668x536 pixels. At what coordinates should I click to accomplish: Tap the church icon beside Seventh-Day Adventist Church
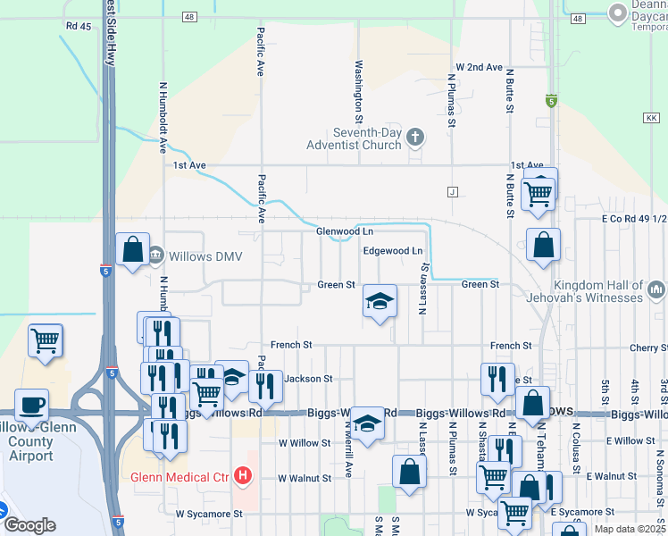click(414, 137)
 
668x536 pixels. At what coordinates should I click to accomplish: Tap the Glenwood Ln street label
click(344, 231)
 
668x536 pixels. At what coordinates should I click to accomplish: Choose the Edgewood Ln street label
click(392, 251)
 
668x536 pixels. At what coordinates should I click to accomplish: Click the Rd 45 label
click(79, 26)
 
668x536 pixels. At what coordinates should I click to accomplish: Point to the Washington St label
click(359, 91)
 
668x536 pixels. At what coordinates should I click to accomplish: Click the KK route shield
click(649, 117)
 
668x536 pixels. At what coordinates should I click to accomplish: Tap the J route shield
click(453, 192)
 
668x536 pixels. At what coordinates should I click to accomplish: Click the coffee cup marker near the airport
click(31, 405)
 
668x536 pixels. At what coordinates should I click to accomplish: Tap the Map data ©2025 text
click(629, 528)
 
